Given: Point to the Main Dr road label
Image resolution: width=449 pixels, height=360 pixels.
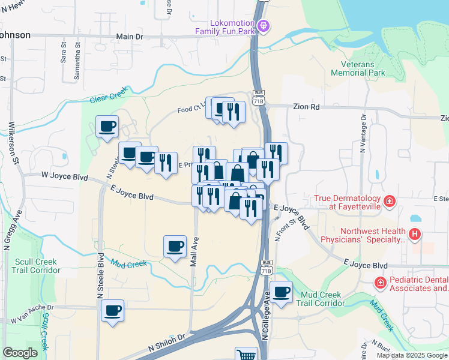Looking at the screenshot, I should (x=130, y=37).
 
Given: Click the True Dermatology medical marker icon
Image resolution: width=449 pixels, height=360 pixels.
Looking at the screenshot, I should (x=390, y=200).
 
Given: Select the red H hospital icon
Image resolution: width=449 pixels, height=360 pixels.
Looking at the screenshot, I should (x=414, y=233).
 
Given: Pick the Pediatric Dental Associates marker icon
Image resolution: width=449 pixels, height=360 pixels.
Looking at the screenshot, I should (x=380, y=281).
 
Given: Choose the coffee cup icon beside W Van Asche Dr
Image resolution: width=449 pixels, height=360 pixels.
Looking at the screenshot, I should (x=112, y=310).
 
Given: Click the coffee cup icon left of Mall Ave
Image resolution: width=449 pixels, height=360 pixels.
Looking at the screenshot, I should (x=175, y=245).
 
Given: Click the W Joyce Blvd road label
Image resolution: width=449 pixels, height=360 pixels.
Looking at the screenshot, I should (x=65, y=178).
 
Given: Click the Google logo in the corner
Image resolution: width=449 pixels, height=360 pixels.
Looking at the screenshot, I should (x=20, y=353).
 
